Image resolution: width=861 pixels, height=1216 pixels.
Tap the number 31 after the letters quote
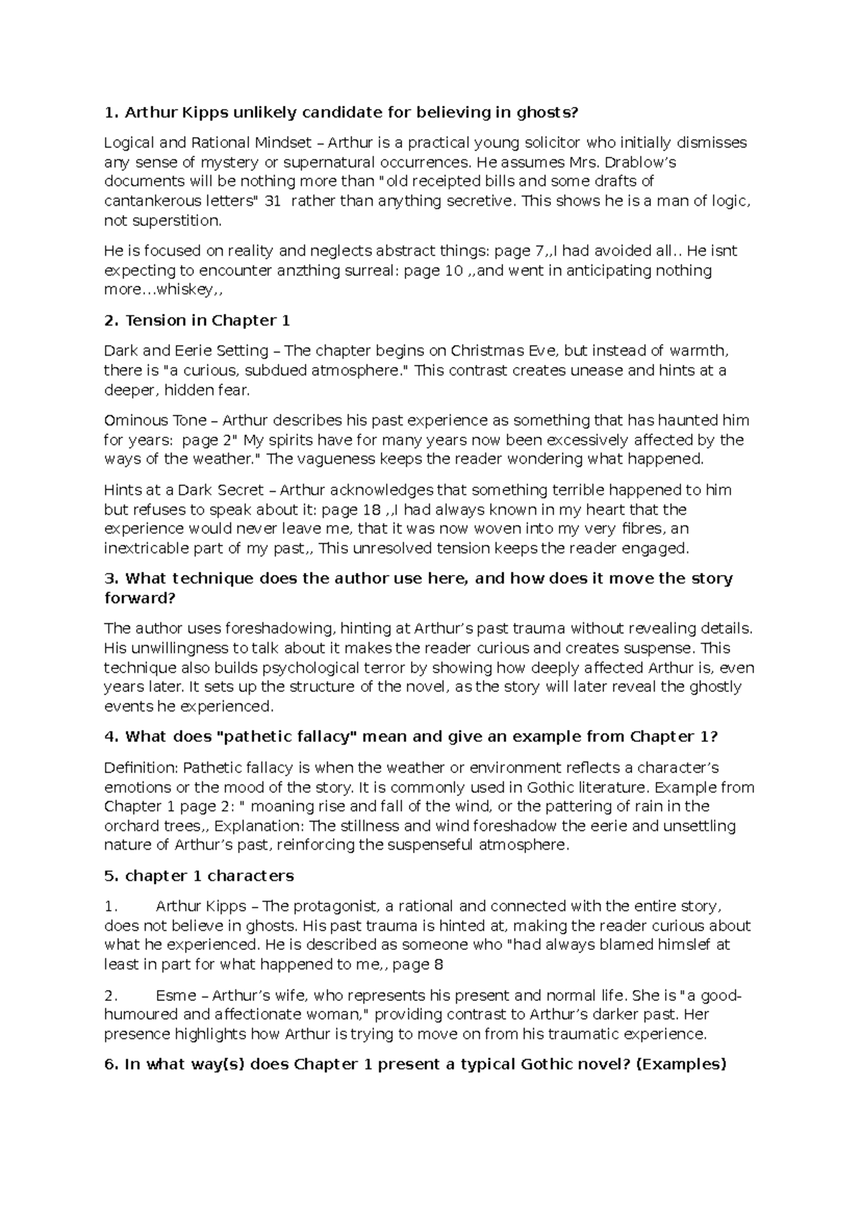pos(273,201)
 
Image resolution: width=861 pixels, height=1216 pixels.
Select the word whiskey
pos(188,290)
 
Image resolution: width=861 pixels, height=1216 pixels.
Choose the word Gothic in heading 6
pos(557,1065)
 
